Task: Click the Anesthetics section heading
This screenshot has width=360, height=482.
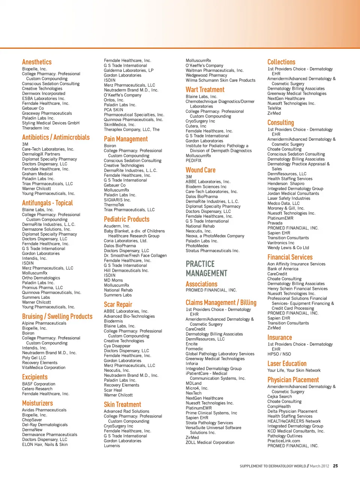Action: (x=37, y=62)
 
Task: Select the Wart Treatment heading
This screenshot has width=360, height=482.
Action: (x=205, y=90)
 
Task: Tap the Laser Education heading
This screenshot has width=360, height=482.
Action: (x=287, y=363)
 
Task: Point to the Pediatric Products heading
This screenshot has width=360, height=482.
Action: (x=126, y=219)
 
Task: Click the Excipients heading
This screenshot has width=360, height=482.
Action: (x=35, y=377)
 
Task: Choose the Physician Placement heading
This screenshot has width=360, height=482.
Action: (x=293, y=380)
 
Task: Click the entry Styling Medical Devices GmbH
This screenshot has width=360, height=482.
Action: (x=51, y=123)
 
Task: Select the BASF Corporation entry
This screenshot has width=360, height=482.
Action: (x=39, y=384)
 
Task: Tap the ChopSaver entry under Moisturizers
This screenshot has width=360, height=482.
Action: (x=32, y=420)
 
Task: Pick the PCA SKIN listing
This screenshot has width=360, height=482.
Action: (x=113, y=110)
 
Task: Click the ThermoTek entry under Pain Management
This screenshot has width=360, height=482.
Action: (x=114, y=205)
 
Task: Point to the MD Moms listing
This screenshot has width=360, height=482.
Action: (x=113, y=280)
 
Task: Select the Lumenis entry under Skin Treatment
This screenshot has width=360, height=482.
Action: (x=112, y=446)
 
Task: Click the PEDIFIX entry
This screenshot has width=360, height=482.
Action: (x=193, y=161)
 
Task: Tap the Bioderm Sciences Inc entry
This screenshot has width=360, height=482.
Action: (x=206, y=187)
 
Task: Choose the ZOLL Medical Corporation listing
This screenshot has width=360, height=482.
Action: (x=210, y=443)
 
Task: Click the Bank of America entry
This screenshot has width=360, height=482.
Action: (x=283, y=269)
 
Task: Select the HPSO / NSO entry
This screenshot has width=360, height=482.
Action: (x=279, y=354)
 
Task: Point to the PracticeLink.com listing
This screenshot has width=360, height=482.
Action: (x=283, y=441)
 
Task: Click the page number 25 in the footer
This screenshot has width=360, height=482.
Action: (x=335, y=466)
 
